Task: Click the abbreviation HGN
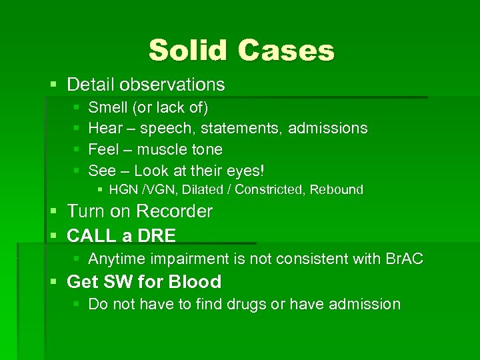pos(123,190)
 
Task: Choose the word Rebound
pos(339,190)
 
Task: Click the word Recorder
pos(175,212)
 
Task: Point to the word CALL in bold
pos(91,236)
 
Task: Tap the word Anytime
pos(115,259)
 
